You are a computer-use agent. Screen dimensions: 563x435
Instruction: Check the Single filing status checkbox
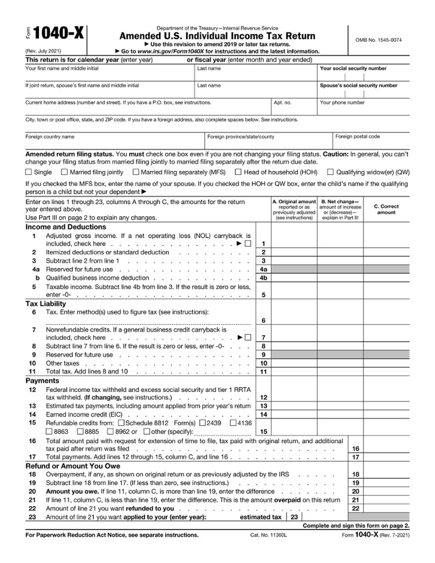pos(29,172)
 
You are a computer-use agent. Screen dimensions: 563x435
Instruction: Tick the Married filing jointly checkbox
pos(65,172)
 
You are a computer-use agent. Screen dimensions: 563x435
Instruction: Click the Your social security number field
pos(363,76)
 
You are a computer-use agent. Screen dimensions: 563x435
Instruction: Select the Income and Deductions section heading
pos(65,227)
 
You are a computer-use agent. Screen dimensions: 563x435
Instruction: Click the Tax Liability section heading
pos(46,303)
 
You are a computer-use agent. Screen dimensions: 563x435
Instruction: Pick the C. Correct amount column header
pos(386,209)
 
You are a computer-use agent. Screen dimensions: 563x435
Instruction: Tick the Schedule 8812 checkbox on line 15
pos(122,423)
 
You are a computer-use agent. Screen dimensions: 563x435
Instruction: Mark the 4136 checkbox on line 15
pos(233,423)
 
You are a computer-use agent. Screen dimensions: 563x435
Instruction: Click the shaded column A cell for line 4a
pos(294,269)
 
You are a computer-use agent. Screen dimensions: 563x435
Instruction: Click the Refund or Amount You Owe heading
pos(69,466)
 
